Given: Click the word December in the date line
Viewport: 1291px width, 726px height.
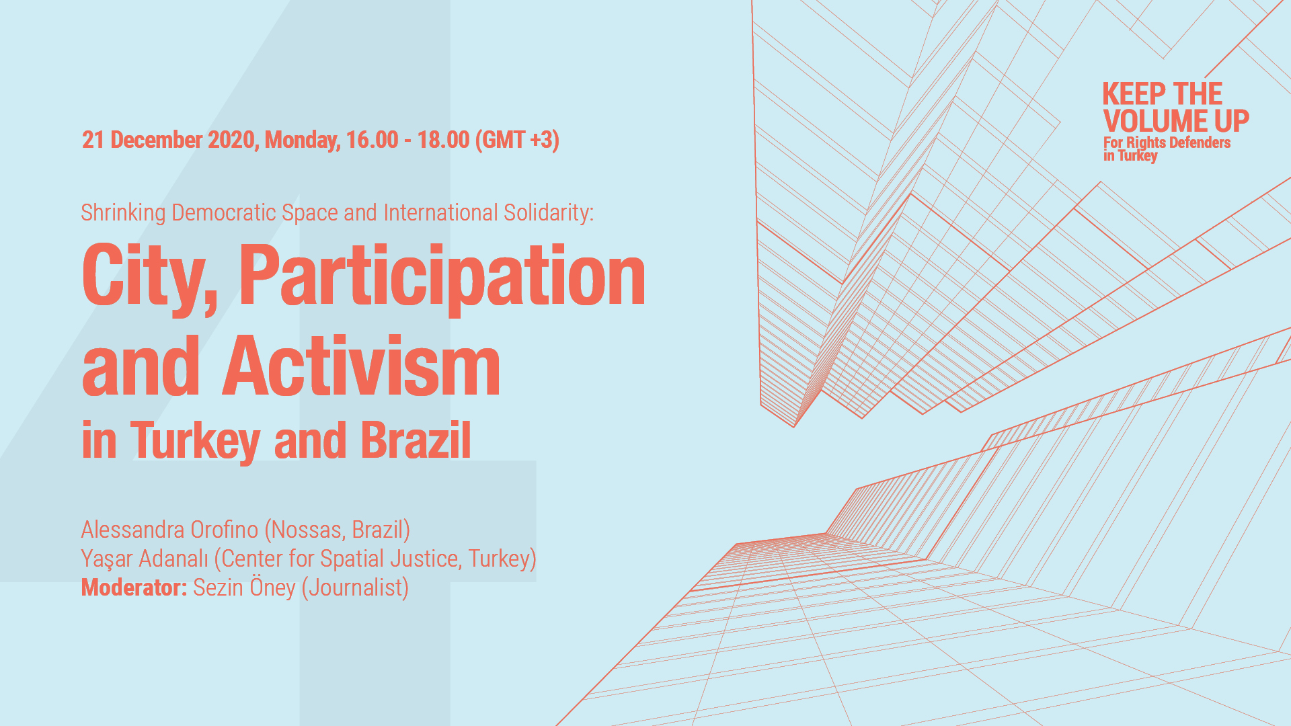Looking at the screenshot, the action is point(156,140).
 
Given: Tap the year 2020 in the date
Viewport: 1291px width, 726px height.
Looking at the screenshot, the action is point(231,140).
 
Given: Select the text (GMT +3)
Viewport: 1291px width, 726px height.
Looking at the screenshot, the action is point(517,140).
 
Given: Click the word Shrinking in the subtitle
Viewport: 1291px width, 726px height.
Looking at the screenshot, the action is point(123,213).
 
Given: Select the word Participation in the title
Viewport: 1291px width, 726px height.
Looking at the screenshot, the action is point(442,277).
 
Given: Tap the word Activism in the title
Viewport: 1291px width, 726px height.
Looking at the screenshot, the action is point(361,366).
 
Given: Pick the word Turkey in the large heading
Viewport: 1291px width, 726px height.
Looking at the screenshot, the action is point(195,442).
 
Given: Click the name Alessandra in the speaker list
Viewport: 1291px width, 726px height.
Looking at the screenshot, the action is point(132,530).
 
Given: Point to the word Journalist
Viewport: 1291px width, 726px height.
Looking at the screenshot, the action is point(355,588).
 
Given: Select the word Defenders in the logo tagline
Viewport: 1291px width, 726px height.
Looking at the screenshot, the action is point(1200,143).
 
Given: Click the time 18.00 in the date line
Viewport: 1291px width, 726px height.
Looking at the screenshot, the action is point(443,140).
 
